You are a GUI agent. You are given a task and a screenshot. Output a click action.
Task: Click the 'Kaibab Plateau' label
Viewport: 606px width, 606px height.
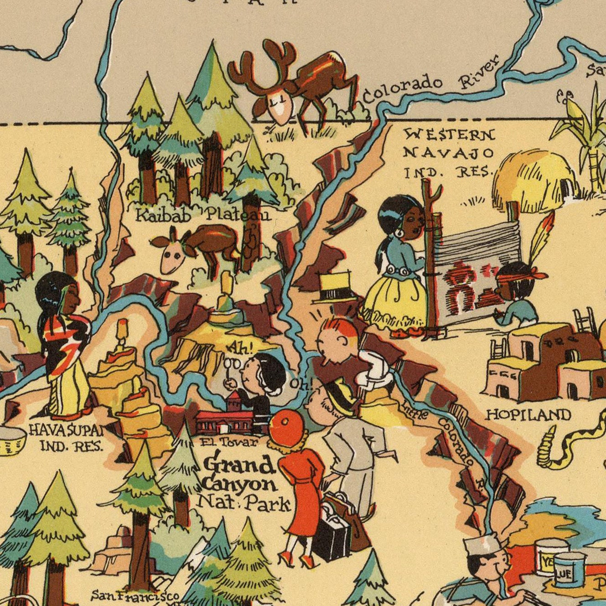point(203,214)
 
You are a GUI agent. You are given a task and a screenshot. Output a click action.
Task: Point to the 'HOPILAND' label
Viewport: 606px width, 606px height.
point(528,414)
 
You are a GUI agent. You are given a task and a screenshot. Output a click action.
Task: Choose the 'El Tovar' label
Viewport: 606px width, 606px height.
point(229,442)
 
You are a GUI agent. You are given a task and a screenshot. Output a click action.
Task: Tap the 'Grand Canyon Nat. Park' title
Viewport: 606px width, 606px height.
point(244,483)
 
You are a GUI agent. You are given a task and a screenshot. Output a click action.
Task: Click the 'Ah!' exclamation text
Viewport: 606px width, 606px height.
point(240,348)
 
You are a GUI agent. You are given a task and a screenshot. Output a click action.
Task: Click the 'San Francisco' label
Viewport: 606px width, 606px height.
point(135,595)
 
